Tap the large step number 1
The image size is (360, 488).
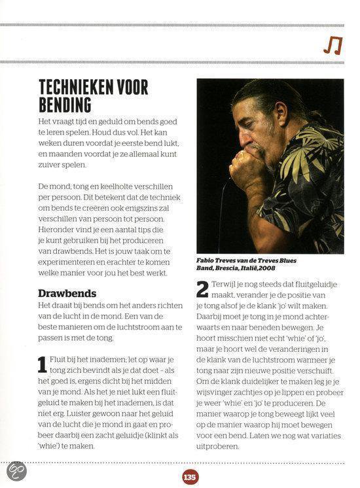tap(43, 366)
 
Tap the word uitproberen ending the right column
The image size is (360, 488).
tap(220, 446)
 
